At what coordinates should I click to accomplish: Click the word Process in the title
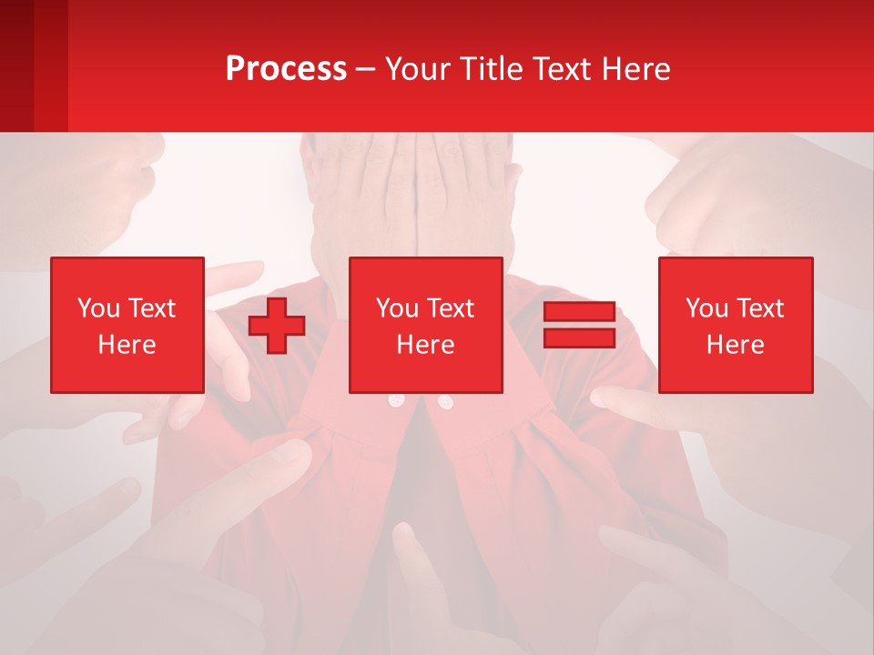pyautogui.click(x=286, y=69)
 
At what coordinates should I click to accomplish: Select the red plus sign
pyautogui.click(x=277, y=325)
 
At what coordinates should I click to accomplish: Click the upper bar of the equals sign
pyautogui.click(x=579, y=312)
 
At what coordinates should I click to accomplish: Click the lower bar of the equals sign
pyautogui.click(x=579, y=338)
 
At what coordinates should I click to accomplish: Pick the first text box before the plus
pyautogui.click(x=127, y=325)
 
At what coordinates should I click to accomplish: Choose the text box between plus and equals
pyautogui.click(x=426, y=325)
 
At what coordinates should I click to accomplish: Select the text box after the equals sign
pyautogui.click(x=736, y=325)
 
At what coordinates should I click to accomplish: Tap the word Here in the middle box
pyautogui.click(x=426, y=345)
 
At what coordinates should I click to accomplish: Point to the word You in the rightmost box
pyautogui.click(x=706, y=308)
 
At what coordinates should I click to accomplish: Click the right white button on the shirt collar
pyautogui.click(x=445, y=401)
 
